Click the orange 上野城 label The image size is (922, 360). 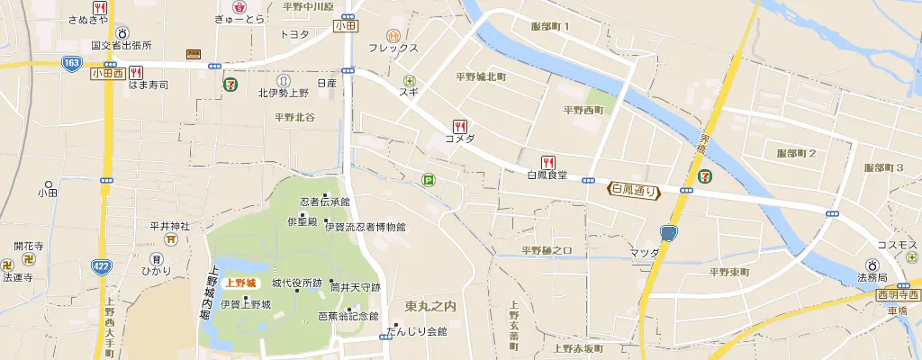[240, 283]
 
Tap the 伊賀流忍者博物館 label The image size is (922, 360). [365, 227]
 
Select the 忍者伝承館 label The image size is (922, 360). [324, 202]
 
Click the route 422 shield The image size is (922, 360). [101, 265]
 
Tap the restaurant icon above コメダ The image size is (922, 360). [459, 125]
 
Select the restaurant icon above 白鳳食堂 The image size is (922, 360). [547, 162]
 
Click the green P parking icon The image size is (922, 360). [429, 180]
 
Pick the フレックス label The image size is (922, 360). [393, 47]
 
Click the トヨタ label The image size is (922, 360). [295, 34]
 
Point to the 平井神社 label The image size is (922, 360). [169, 226]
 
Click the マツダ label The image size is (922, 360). [646, 252]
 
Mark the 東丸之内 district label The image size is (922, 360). [430, 307]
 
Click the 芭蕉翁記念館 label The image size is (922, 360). [348, 317]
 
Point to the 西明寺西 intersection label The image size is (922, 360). [899, 295]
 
